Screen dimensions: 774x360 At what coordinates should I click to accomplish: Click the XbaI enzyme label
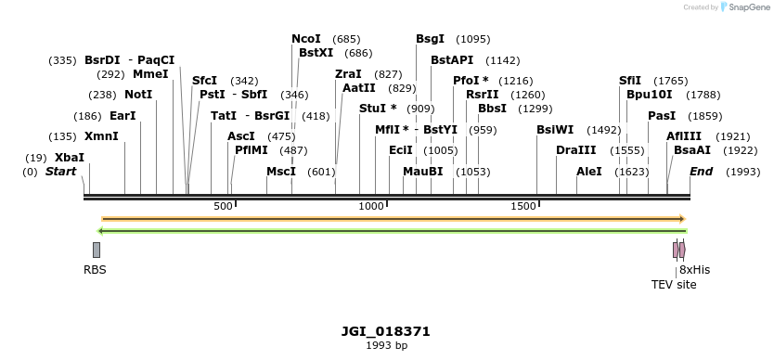coord(70,158)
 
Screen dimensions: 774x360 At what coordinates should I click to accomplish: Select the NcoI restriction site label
coord(306,39)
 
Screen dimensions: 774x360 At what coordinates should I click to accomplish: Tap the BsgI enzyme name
coord(431,39)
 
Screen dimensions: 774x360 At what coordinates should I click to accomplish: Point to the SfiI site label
coord(630,81)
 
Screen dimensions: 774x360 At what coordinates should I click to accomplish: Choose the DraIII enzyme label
coord(576,150)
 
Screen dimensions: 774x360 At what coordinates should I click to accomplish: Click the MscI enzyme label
coord(281,172)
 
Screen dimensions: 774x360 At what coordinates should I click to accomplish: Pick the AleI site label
coord(589,172)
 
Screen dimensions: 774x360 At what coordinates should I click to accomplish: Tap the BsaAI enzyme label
coord(692,150)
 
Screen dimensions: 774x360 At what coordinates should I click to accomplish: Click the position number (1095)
coord(473,39)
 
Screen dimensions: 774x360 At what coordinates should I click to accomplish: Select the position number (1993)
coord(743,172)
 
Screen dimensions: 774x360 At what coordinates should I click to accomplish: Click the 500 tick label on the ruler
coord(224,206)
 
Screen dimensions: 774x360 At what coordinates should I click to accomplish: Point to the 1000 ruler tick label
coord(371,206)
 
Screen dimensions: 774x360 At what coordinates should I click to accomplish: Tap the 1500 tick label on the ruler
coord(523,206)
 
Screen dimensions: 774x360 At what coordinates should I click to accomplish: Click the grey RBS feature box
coord(97,250)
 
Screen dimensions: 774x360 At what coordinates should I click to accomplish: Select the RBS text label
coord(95,270)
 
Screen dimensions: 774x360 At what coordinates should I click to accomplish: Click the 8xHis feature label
coord(694,270)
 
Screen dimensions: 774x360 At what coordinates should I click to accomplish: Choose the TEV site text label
coord(674,285)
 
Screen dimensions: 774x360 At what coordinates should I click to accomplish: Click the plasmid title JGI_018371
coord(386,331)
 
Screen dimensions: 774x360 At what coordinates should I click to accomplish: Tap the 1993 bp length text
coord(386,345)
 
